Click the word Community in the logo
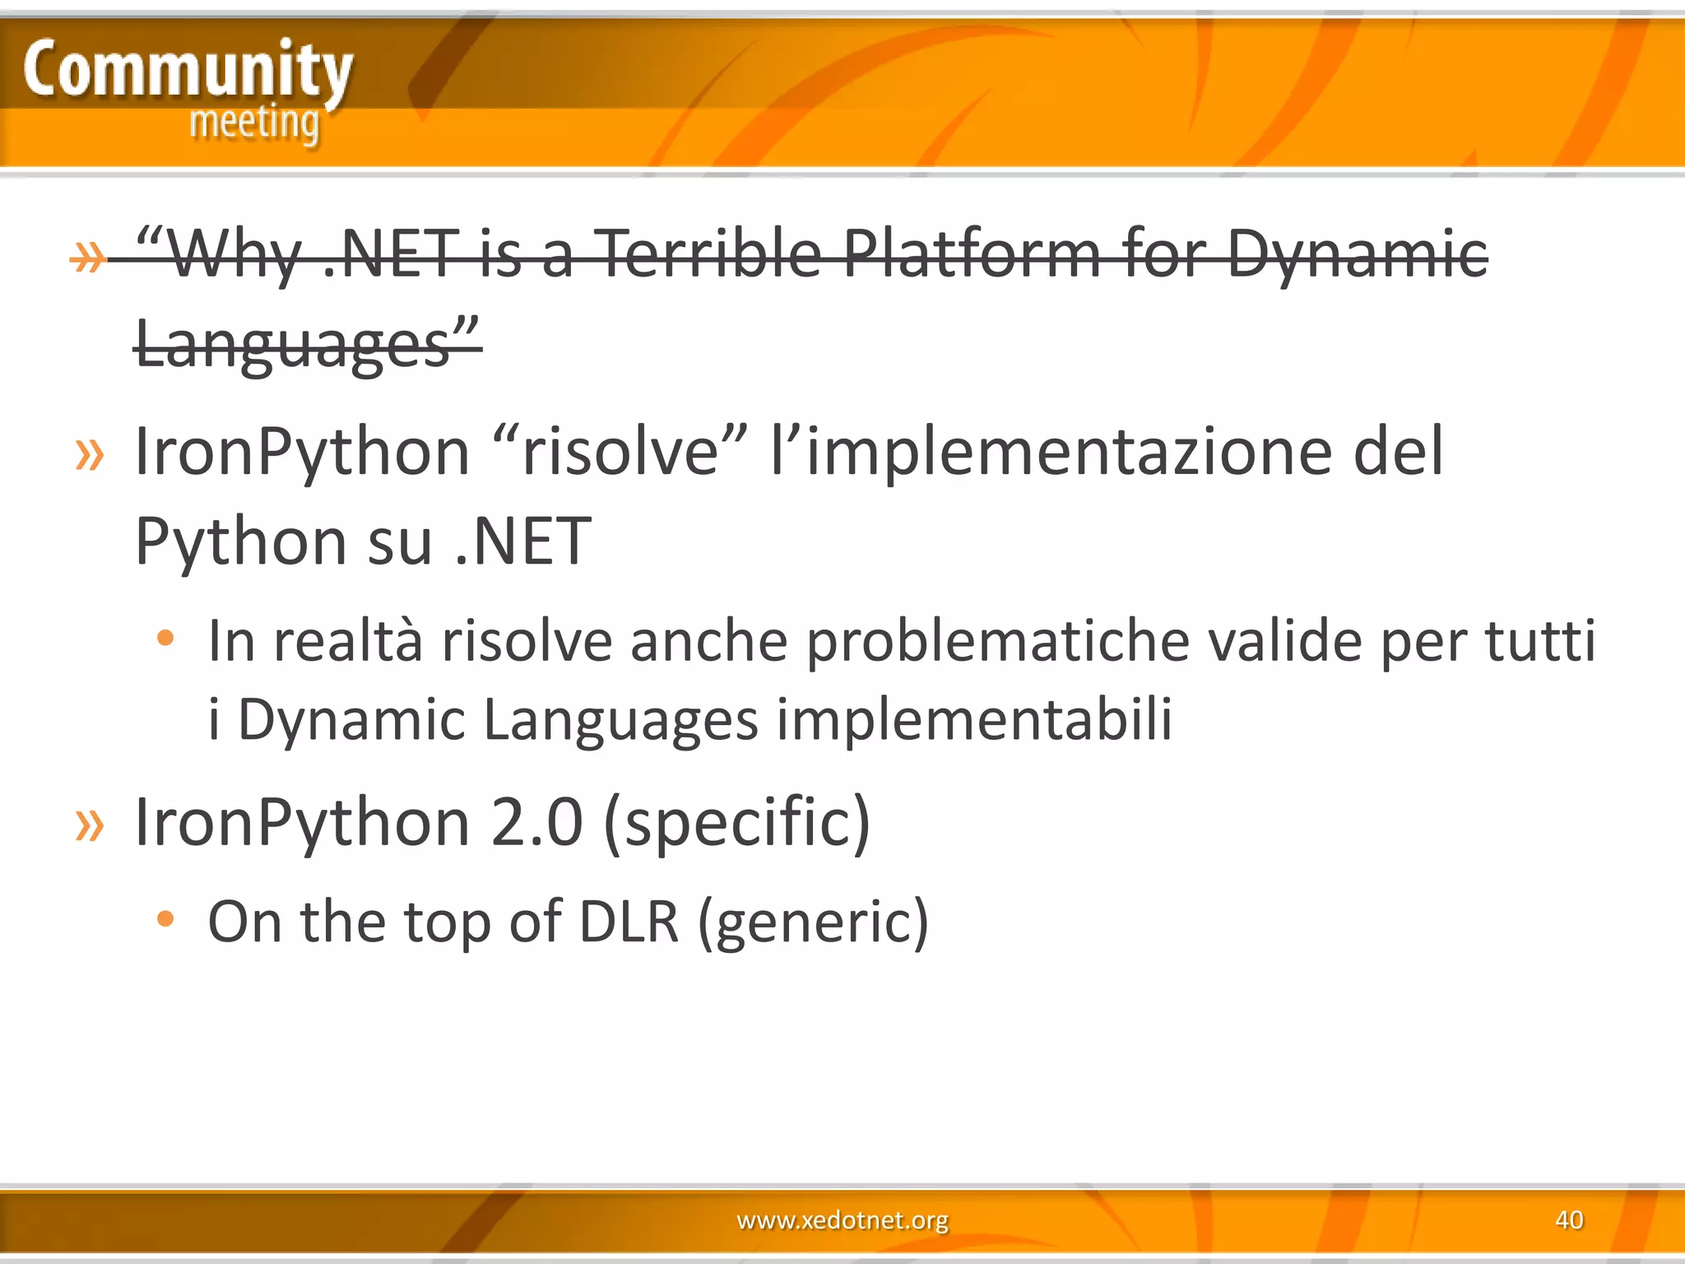[188, 71]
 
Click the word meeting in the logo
[253, 123]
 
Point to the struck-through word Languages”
[306, 343]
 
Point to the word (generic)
[813, 921]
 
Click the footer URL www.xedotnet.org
[842, 1219]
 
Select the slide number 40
[1569, 1219]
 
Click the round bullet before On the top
[165, 918]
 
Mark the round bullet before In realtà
[165, 638]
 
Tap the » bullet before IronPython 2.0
[90, 825]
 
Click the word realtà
[348, 641]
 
